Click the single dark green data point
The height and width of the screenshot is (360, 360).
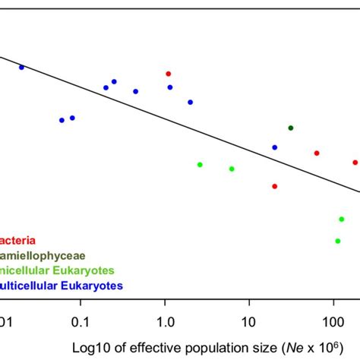(290, 128)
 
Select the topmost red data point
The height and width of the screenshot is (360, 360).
(169, 74)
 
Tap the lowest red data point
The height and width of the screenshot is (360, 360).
(275, 186)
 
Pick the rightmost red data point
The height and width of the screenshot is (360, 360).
(355, 162)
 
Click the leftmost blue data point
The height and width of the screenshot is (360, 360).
(21, 68)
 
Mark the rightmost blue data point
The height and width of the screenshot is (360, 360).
(275, 147)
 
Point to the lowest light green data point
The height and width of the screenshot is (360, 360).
(338, 241)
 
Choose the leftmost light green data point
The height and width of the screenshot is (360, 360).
(200, 165)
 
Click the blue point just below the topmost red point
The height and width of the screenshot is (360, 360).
(170, 87)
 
